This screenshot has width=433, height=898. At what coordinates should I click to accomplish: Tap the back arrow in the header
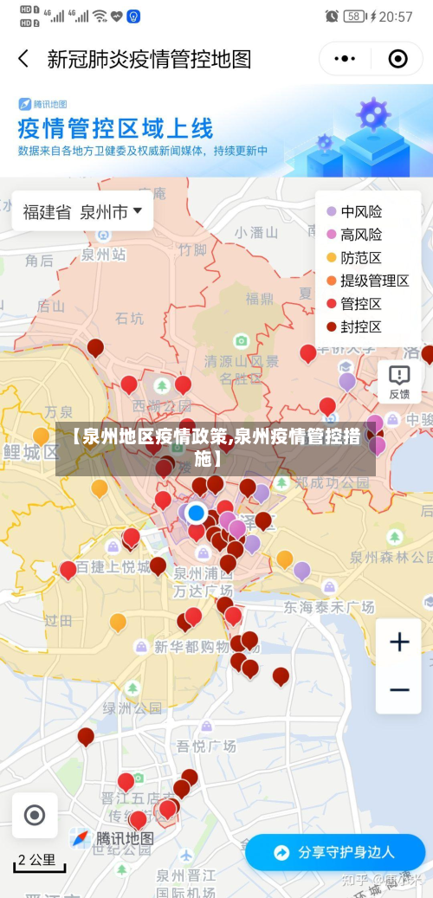click(x=23, y=59)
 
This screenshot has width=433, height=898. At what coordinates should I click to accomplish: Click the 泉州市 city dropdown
click(x=112, y=211)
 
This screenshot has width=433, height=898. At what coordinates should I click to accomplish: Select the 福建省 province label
click(x=47, y=211)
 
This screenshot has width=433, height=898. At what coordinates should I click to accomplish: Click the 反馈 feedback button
click(x=399, y=382)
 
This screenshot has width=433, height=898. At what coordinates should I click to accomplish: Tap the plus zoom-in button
click(x=399, y=642)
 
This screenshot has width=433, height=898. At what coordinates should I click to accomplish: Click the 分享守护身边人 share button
click(x=334, y=852)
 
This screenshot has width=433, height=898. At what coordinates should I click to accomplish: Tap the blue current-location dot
click(x=197, y=512)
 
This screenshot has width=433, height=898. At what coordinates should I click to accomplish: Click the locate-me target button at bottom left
click(x=35, y=815)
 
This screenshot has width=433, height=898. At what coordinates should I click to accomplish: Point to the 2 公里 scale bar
click(x=36, y=862)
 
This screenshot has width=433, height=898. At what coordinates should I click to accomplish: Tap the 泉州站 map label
click(x=104, y=255)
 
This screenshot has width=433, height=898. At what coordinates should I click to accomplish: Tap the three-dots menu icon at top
click(x=345, y=59)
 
